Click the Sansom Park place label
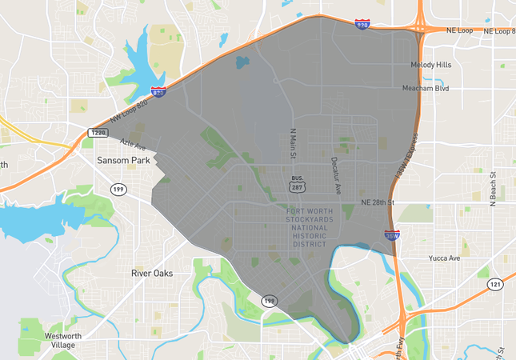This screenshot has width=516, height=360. tap(123, 160)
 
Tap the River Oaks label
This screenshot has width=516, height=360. tap(152, 273)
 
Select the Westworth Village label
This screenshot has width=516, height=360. tap(63, 340)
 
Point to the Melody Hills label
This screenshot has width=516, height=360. tap(431, 65)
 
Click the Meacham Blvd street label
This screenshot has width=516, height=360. tap(426, 88)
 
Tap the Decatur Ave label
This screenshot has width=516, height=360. tap(336, 174)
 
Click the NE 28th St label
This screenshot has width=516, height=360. tap(378, 202)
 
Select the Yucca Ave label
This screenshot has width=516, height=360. tap(445, 258)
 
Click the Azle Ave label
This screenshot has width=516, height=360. tap(133, 145)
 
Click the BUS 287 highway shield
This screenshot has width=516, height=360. tap(297, 183)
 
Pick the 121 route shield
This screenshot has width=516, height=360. tap(494, 284)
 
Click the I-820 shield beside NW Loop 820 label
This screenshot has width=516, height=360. tap(158, 94)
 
